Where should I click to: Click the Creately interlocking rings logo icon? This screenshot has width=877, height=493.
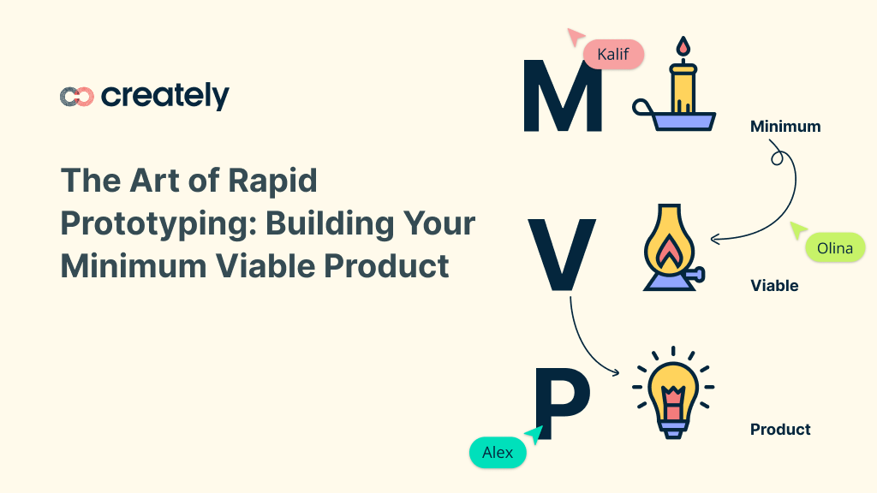[x=76, y=97]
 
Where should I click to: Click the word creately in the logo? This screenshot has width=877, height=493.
[x=165, y=96]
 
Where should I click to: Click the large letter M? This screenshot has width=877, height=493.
[x=563, y=96]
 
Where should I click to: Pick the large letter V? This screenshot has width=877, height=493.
[x=561, y=254]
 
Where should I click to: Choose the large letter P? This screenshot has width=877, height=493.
[x=561, y=402]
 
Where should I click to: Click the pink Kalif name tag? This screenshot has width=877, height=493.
[x=613, y=55]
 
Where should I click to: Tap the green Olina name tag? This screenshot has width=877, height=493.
[x=835, y=248]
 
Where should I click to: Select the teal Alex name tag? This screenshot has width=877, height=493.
[x=498, y=452]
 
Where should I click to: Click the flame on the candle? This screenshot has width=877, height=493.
[x=683, y=48]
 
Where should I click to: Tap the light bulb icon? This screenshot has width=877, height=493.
[x=672, y=394]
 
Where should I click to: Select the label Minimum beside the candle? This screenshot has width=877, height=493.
[x=785, y=127]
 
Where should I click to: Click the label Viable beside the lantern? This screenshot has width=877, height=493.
[x=774, y=286]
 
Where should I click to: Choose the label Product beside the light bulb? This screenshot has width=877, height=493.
[x=780, y=430]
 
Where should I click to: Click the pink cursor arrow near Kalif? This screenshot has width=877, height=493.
[x=575, y=36]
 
